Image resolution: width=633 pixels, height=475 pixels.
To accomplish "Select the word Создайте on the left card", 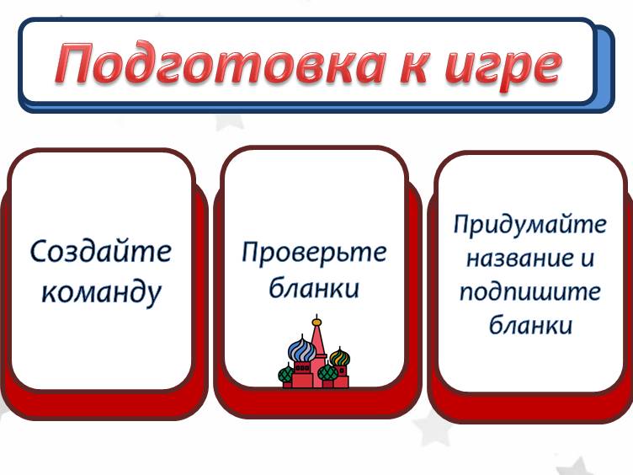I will point(101,251).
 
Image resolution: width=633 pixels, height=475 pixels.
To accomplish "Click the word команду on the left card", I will point(101,291).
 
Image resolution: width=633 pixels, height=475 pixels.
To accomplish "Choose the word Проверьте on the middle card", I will point(315,253).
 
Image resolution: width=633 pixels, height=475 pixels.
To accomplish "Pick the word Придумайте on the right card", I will point(529,226).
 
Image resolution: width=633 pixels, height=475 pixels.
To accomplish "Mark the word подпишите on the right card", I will point(530,291).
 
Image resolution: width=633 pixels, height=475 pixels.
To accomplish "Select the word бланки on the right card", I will point(530,324).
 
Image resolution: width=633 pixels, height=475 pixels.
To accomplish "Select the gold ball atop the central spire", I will point(316,322).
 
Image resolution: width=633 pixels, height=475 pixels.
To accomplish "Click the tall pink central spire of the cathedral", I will point(317,345).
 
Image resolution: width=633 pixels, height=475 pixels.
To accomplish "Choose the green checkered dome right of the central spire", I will point(324,371).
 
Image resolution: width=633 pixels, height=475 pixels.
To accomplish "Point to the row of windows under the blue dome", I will point(300,367).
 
